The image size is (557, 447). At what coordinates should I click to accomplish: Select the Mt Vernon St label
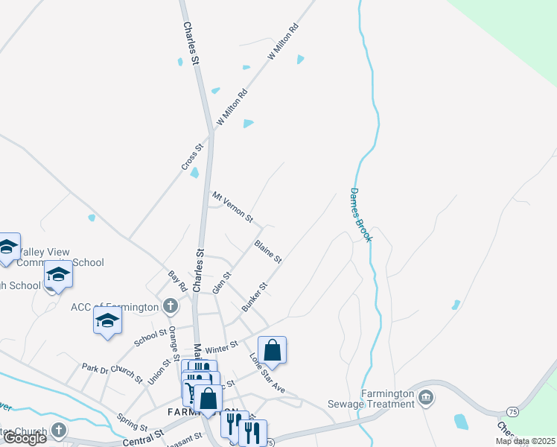coord(233,207)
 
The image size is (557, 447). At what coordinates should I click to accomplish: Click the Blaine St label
coord(267,251)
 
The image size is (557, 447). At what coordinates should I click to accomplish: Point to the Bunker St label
coord(254,297)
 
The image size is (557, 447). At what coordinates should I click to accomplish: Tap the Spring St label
coord(132,423)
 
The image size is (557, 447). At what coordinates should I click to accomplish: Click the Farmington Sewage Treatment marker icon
coord(426,396)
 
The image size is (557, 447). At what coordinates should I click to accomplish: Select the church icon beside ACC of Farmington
coord(171,305)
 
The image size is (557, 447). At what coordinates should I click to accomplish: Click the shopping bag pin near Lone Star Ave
coord(273,350)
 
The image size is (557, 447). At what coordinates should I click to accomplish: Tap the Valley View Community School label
coord(61,257)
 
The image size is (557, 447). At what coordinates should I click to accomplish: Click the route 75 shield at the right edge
coord(512,411)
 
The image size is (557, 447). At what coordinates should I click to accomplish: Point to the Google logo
coord(25,438)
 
